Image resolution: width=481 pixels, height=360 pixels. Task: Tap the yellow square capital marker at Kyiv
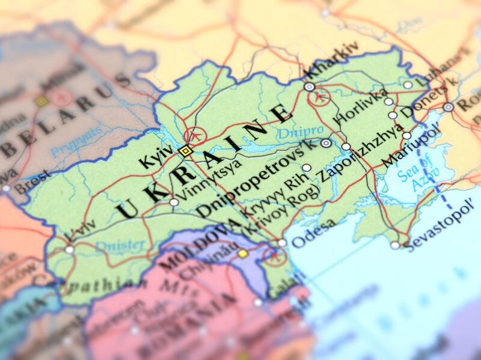(185, 151)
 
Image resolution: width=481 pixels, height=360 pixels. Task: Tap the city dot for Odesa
(282, 243)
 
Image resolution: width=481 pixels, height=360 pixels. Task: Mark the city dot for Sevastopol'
(394, 245)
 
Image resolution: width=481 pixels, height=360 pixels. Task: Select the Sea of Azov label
(417, 170)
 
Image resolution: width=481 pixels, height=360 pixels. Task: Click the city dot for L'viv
(70, 249)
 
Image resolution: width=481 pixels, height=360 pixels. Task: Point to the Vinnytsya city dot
(174, 203)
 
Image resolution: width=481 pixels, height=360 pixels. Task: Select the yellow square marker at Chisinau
(242, 254)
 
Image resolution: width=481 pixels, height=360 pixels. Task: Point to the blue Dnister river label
(120, 245)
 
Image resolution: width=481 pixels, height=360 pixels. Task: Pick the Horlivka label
(357, 107)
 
